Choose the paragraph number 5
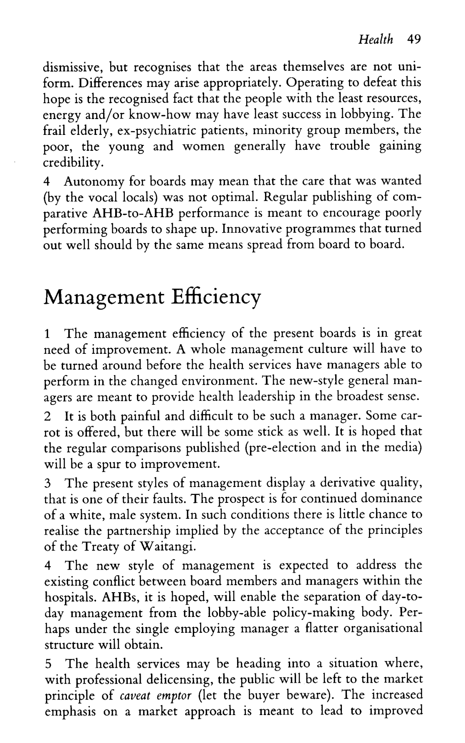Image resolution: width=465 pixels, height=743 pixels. coord(48,664)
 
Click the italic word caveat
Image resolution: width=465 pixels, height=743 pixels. coord(134,696)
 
